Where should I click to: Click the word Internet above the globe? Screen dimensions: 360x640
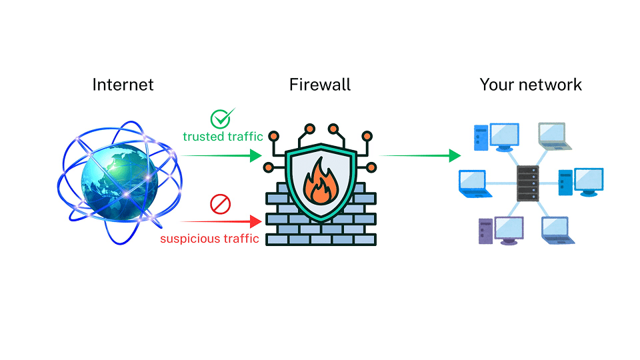[x=123, y=85]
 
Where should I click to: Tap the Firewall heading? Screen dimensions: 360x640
[x=319, y=85]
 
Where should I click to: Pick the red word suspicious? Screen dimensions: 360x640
[x=188, y=238]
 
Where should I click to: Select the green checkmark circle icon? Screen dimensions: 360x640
[x=220, y=119]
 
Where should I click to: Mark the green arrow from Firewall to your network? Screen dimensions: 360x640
[x=420, y=156]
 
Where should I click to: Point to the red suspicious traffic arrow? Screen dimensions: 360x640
[x=221, y=220]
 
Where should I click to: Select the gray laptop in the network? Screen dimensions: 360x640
[x=553, y=135]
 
